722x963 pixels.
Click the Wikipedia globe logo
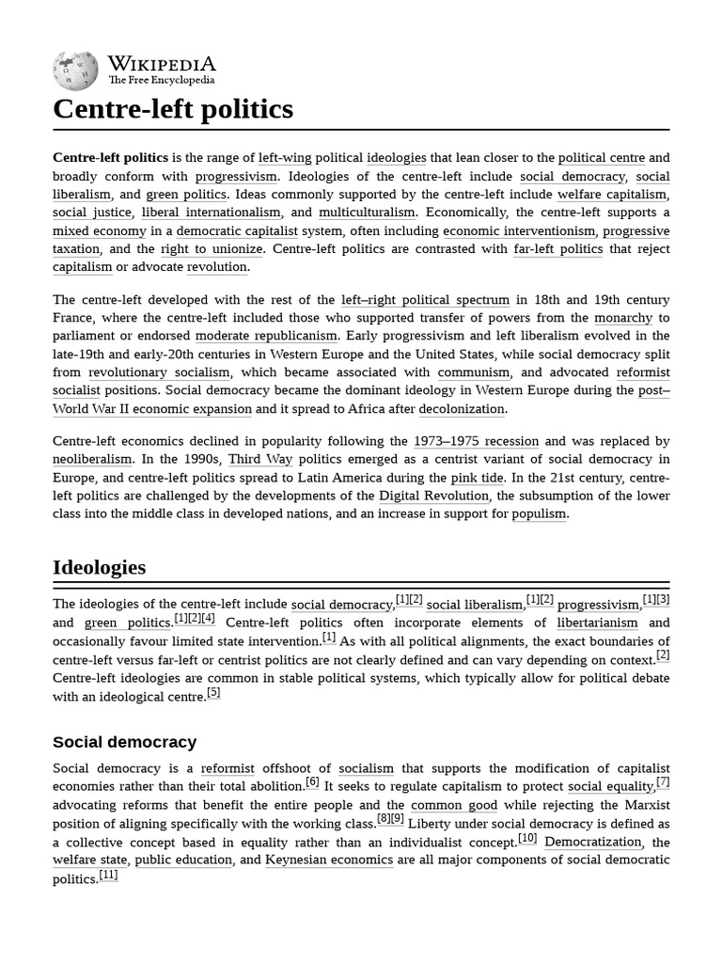[x=76, y=69]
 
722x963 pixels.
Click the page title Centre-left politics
[x=173, y=109]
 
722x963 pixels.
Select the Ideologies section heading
[x=99, y=567]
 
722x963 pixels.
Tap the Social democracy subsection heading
[x=124, y=742]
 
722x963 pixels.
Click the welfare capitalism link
[x=611, y=195]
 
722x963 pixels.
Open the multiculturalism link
[x=367, y=213]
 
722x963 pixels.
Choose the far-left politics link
[x=557, y=249]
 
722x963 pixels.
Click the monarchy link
[x=622, y=318]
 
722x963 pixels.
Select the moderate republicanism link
[x=266, y=336]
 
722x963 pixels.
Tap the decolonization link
[x=462, y=409]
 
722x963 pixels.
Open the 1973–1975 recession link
[x=476, y=441]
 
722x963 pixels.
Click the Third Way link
[x=260, y=459]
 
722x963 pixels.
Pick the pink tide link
[x=477, y=478]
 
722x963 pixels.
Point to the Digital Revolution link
[x=433, y=496]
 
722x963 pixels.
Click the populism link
[x=540, y=513]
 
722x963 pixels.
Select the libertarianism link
[x=597, y=623]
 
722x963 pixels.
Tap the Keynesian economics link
[x=329, y=860]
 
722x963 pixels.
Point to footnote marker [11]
[x=108, y=875]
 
